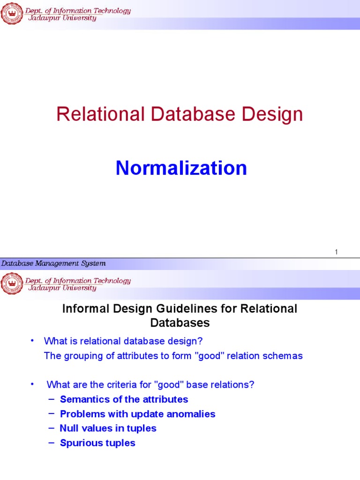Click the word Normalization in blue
pyautogui.click(x=181, y=168)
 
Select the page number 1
pyautogui.click(x=336, y=253)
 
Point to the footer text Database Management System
pyautogui.click(x=53, y=263)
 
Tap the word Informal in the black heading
pyautogui.click(x=84, y=309)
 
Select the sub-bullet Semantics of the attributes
pyautogui.click(x=124, y=399)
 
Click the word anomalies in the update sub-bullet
pyautogui.click(x=190, y=414)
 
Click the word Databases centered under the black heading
pyautogui.click(x=180, y=323)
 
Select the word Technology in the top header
pyautogui.click(x=110, y=11)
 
